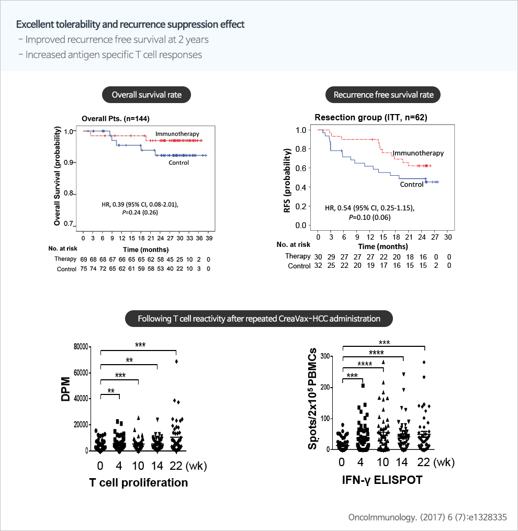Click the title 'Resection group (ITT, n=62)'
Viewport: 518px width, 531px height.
click(371, 118)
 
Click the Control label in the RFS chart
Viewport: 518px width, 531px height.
click(411, 184)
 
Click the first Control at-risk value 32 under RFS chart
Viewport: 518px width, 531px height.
click(318, 266)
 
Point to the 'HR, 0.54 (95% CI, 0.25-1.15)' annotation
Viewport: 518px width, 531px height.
click(369, 208)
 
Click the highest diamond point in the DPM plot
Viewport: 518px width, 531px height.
click(177, 361)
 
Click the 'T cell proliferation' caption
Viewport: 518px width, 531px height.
click(138, 483)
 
